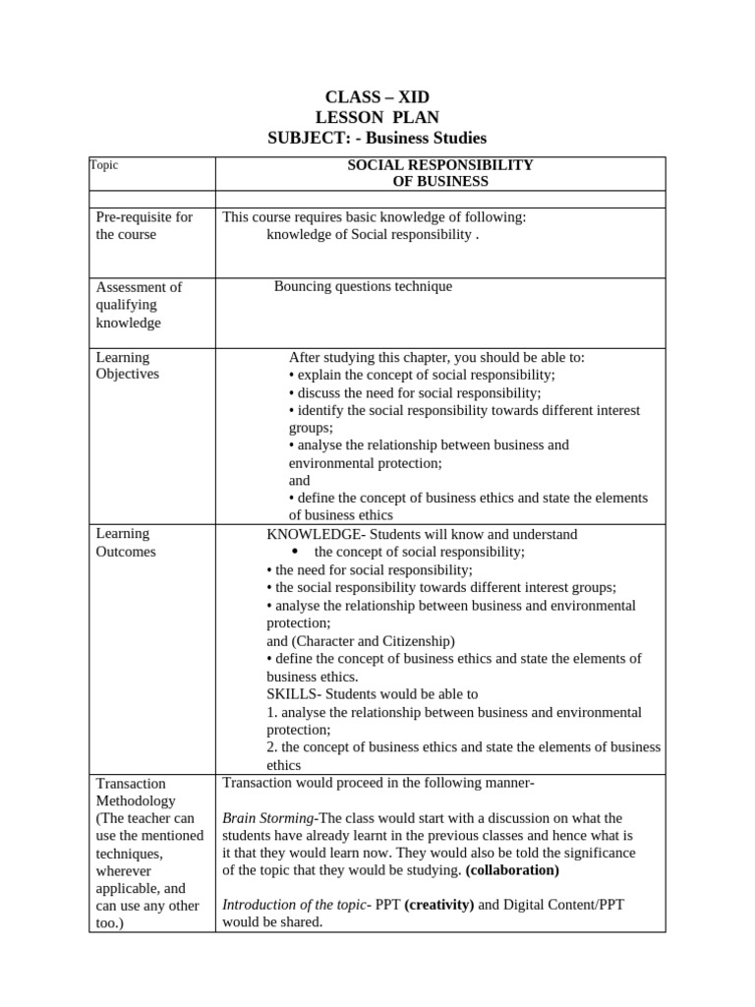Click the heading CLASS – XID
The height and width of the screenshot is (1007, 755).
377,96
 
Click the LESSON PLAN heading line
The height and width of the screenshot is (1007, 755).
377,117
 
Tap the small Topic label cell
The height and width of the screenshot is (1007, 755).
104,165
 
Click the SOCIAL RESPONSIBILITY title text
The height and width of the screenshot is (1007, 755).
440,165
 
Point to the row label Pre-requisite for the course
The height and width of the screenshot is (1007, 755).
144,226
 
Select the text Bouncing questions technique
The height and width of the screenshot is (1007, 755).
363,286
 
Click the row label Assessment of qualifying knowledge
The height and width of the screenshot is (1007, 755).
139,305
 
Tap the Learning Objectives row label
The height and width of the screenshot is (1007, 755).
127,366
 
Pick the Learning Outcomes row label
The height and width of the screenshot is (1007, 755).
126,543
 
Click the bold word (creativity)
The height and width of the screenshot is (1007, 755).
438,905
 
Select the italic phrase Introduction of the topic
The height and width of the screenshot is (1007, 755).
293,905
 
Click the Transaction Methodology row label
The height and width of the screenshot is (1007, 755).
132,793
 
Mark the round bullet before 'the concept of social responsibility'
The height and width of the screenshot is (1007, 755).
295,552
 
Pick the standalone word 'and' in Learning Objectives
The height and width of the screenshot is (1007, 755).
299,481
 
